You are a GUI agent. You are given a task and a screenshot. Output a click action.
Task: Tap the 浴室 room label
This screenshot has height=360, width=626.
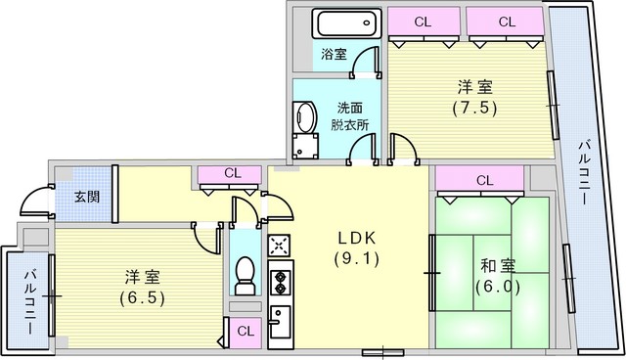(x=334, y=54)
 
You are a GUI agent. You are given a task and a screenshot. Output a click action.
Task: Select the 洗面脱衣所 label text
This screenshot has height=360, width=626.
(x=350, y=116)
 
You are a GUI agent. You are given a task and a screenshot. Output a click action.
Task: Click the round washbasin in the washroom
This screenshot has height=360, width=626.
(x=304, y=116)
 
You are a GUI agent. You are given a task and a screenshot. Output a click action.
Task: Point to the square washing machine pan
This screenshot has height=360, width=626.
(x=305, y=146)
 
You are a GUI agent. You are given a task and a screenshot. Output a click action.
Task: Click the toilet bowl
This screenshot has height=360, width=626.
(x=245, y=276)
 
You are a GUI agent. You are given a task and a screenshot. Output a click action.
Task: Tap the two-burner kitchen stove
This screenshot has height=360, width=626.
(x=281, y=282)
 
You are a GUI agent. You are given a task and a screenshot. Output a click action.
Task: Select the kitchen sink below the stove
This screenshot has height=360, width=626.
(x=280, y=322)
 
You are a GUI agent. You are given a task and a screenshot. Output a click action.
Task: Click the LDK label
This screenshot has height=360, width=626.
(x=357, y=239)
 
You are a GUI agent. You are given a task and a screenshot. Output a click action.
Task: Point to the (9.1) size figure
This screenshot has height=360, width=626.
(x=356, y=259)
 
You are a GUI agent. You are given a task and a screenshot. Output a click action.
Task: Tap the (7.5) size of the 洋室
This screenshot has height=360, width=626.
(x=474, y=108)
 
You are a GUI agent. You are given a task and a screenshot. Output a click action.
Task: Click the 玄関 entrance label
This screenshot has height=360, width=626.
(x=87, y=197)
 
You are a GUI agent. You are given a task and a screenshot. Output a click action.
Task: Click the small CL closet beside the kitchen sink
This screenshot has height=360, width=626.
(x=246, y=332)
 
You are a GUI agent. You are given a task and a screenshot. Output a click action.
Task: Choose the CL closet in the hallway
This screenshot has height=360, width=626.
(x=230, y=174)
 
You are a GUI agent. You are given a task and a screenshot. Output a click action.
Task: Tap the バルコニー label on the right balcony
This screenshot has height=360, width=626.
(x=584, y=172)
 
